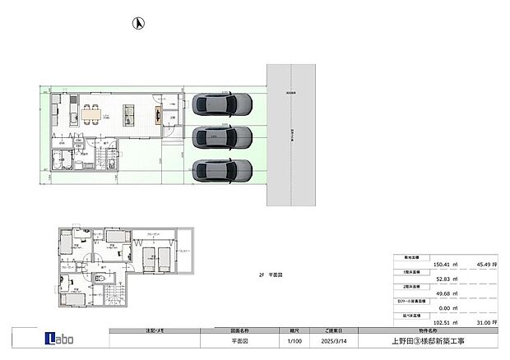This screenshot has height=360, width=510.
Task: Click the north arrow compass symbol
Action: pos(139,22)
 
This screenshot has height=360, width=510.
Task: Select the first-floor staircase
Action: pos(106,157)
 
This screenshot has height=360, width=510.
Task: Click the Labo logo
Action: pos(59,338)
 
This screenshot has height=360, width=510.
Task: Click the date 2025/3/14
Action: pos(328,339)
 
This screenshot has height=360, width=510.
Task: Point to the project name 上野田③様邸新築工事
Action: pos(424,339)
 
